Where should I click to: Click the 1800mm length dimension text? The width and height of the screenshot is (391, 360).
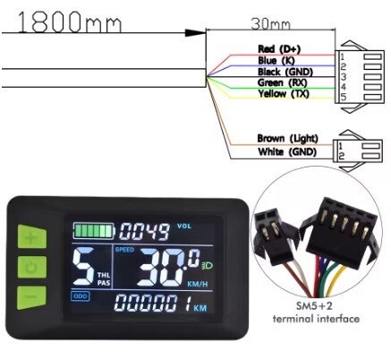pyautogui.click(x=70, y=21)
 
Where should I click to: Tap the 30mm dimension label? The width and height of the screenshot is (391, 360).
pyautogui.click(x=270, y=24)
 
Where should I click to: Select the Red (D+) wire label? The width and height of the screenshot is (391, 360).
pyautogui.click(x=279, y=49)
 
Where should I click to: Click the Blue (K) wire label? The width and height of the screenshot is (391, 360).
pyautogui.click(x=276, y=61)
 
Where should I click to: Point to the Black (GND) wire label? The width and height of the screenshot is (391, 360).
pyautogui.click(x=285, y=72)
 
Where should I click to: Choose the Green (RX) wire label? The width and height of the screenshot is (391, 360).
pyautogui.click(x=282, y=82)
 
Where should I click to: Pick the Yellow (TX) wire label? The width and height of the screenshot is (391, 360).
pyautogui.click(x=284, y=94)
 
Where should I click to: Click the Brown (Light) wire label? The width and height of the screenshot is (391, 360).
pyautogui.click(x=287, y=139)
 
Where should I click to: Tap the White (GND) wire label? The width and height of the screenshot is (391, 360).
pyautogui.click(x=287, y=151)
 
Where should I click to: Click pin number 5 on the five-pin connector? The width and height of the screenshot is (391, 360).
pyautogui.click(x=344, y=97)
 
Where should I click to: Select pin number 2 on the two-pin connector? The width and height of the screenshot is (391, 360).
pyautogui.click(x=342, y=156)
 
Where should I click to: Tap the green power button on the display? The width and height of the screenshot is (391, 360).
pyautogui.click(x=32, y=267)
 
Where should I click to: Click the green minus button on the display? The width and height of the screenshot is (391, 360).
pyautogui.click(x=31, y=297)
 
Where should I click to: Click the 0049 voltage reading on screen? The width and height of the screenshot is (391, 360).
pyautogui.click(x=145, y=232)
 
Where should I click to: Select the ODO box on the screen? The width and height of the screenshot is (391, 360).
pyautogui.click(x=81, y=296)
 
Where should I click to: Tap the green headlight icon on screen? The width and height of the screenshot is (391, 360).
pyautogui.click(x=208, y=265)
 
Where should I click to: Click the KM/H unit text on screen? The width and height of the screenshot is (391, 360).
pyautogui.click(x=197, y=284)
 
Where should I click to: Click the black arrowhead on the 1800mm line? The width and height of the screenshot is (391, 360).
pyautogui.click(x=195, y=33)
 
